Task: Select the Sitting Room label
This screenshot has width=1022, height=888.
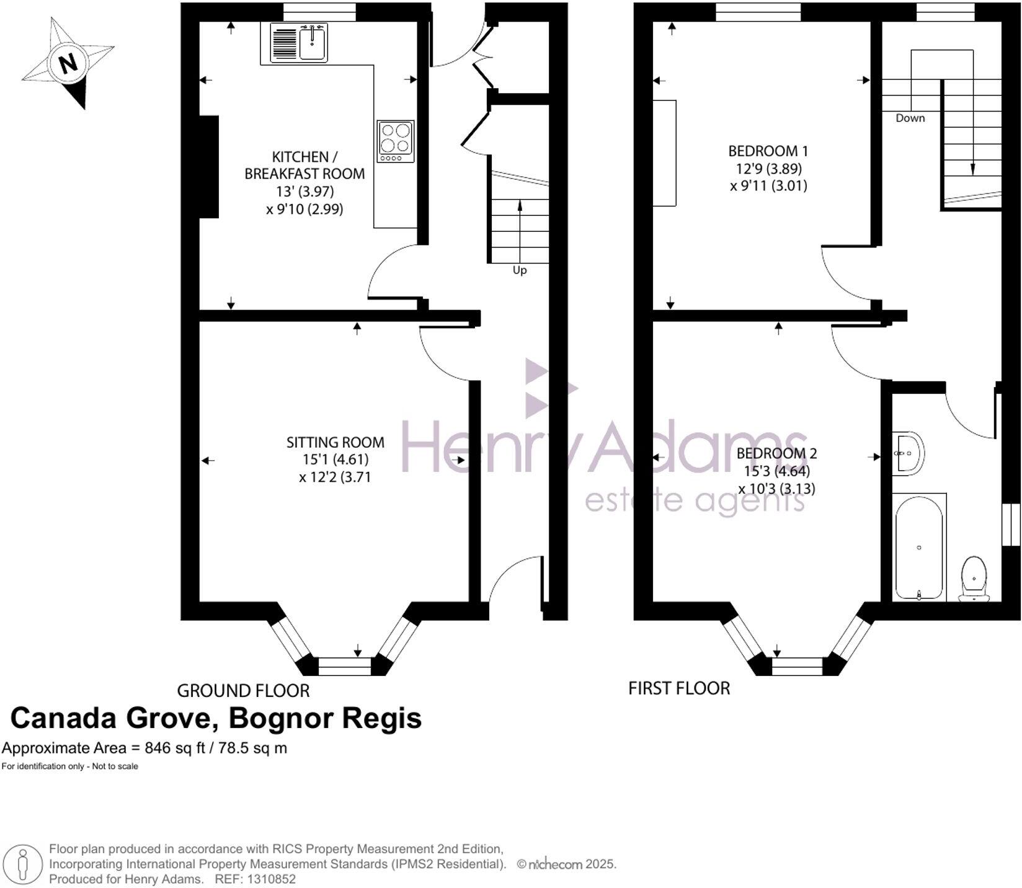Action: click(335, 442)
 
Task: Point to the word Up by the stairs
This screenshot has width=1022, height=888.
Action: click(520, 270)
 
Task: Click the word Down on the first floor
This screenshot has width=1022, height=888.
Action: click(910, 118)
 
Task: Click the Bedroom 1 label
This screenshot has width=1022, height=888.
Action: click(768, 151)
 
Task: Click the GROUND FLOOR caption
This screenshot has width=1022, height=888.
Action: click(243, 690)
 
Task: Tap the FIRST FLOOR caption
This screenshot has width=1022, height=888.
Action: click(679, 688)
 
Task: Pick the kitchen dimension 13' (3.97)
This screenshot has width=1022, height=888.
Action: click(305, 191)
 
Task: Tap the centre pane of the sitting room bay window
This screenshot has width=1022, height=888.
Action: click(344, 667)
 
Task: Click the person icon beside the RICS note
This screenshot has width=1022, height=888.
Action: click(24, 863)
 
